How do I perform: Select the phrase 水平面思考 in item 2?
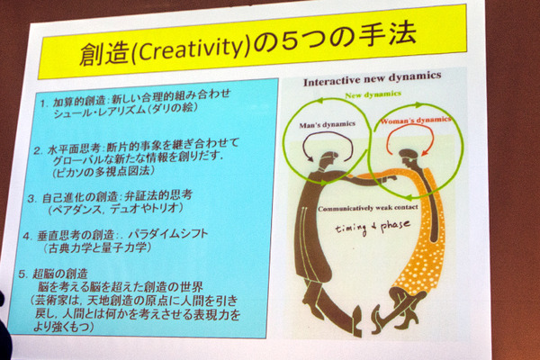[x=85, y=145]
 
